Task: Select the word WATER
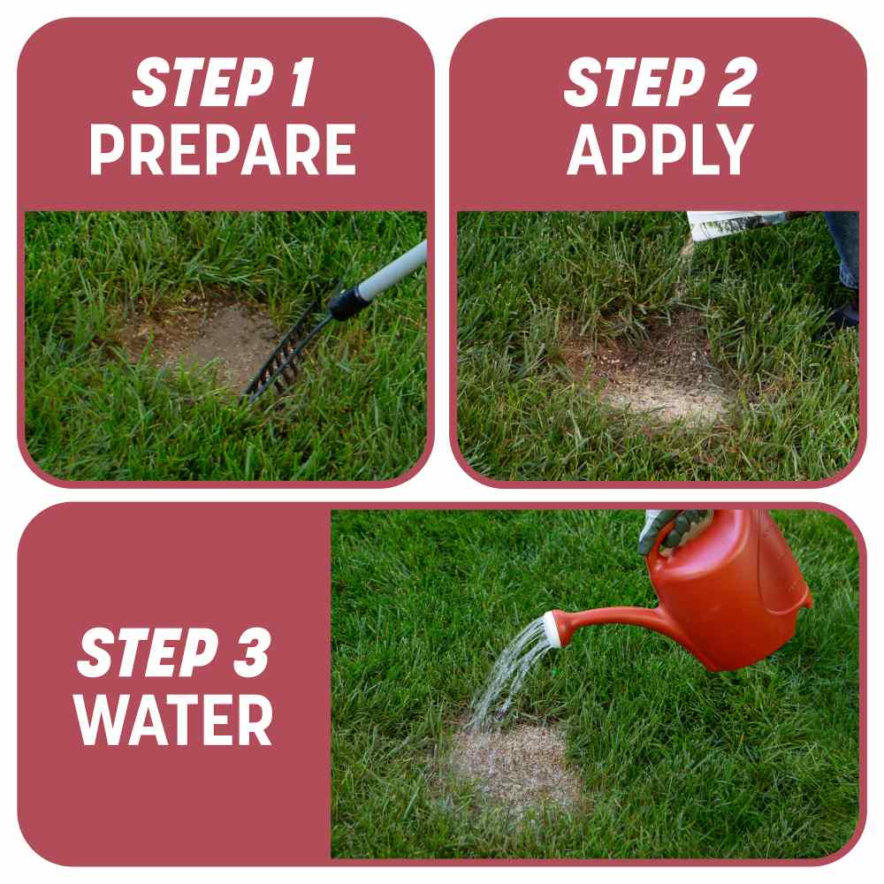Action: (174, 720)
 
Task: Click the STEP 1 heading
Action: (223, 85)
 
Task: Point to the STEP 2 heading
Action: (659, 85)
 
